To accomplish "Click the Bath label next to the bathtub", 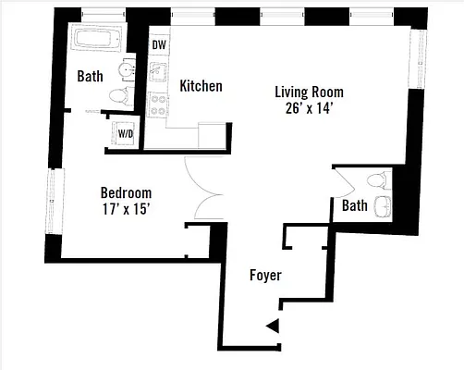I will [x=90, y=76].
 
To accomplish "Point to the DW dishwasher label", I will [x=159, y=43].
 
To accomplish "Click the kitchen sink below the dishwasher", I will [x=158, y=71].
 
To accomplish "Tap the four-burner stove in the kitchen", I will [x=158, y=102].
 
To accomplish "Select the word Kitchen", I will [x=201, y=86].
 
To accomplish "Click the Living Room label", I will [x=310, y=92].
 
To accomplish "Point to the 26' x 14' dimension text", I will [x=310, y=107].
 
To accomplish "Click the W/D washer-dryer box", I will [x=124, y=132].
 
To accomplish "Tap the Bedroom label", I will [x=126, y=192].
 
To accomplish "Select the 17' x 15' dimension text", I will [x=126, y=208].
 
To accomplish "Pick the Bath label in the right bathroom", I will [x=354, y=205].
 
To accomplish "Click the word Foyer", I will [x=265, y=276].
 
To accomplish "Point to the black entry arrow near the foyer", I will [x=273, y=325].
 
